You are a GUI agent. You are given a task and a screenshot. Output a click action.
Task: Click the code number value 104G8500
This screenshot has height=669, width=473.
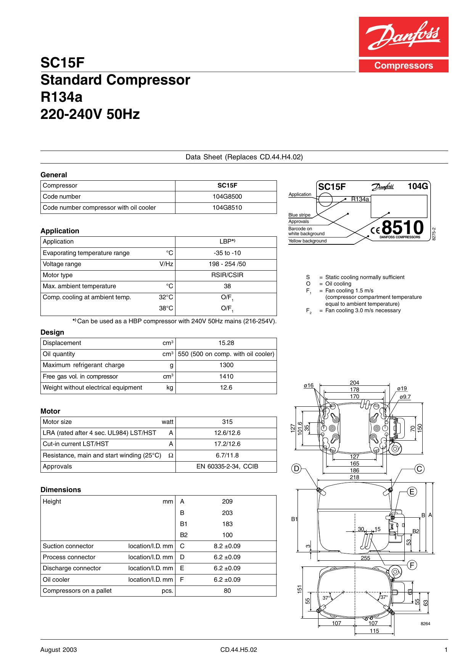(x=227, y=197)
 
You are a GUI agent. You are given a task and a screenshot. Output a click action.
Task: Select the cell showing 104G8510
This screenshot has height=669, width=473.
(x=227, y=208)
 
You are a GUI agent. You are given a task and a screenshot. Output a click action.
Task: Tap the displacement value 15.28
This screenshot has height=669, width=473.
(x=226, y=343)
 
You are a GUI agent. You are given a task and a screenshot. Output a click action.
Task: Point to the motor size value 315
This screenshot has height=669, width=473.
(x=227, y=422)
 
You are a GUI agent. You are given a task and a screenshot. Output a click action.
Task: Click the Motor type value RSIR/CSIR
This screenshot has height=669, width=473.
(x=227, y=275)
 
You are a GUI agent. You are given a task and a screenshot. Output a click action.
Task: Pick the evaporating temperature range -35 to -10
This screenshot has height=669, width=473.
(x=227, y=253)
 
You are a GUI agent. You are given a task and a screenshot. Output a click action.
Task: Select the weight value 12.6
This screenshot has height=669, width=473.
(x=226, y=388)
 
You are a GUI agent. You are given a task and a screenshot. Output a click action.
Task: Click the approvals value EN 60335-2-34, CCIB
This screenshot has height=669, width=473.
(x=227, y=467)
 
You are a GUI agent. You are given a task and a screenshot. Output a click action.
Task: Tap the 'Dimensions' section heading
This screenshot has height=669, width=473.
(x=61, y=490)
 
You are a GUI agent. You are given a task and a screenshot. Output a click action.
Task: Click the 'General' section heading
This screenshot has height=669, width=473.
(x=54, y=175)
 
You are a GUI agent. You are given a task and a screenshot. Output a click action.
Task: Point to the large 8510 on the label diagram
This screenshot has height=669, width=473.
(x=402, y=228)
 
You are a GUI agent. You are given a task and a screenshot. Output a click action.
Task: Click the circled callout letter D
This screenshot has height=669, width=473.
(x=296, y=468)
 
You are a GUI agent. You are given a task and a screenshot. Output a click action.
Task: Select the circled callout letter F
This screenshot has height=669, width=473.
(x=412, y=565)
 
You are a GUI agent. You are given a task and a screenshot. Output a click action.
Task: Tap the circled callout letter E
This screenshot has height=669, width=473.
(x=412, y=492)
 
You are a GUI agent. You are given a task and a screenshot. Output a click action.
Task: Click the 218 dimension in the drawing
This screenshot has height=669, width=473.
(x=354, y=477)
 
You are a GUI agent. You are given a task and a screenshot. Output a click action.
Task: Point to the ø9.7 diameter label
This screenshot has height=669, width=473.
(x=405, y=397)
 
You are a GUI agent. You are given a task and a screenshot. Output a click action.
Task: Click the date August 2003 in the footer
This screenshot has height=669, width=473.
(x=58, y=650)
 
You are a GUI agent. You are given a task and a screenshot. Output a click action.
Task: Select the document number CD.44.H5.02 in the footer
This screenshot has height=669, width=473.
(x=238, y=650)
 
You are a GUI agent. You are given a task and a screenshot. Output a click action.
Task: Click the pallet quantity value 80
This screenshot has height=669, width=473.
(x=227, y=591)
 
